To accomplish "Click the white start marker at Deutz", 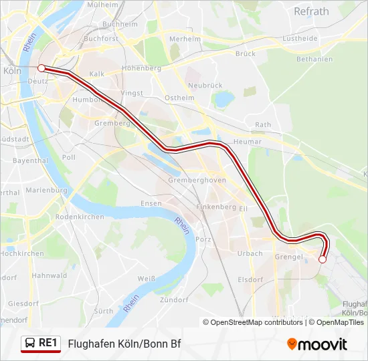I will click(41, 68).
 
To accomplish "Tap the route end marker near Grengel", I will click(322, 259).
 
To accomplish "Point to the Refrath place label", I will click(311, 11).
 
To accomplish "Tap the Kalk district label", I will click(97, 74).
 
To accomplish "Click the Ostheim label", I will click(179, 98).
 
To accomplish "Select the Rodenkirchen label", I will click(80, 217).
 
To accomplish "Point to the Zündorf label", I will click(175, 300).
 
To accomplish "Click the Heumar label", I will click(248, 142).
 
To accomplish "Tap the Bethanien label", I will click(314, 59).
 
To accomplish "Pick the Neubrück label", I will click(205, 86).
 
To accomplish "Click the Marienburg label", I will click(47, 191).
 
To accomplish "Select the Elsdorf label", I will click(250, 280).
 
